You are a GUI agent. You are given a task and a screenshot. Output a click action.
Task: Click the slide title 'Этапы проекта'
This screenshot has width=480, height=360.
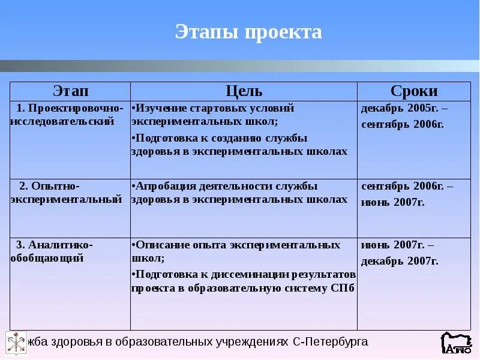pos(248,32)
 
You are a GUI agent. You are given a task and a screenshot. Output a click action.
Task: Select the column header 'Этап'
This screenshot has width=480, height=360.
pos(70,91)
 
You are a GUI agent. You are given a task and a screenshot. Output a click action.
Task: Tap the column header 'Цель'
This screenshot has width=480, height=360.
pos(244,91)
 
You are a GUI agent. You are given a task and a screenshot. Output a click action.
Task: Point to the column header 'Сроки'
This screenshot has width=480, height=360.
pos(414,91)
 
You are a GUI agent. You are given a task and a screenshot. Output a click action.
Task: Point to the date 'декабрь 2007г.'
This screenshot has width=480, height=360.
pos(399,261)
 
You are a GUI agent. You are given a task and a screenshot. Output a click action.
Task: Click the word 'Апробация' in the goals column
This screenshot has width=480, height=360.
pos(160,186)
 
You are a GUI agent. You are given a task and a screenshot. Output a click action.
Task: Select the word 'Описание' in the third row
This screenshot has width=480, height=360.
pos(158,245)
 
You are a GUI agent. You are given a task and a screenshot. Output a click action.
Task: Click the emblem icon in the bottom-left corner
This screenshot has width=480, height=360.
pos(16,343)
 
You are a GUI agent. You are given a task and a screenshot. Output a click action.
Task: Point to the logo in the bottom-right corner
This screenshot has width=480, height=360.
pos(456,343)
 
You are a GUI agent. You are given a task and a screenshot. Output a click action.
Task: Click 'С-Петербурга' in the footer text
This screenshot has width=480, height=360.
pos(331,342)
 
